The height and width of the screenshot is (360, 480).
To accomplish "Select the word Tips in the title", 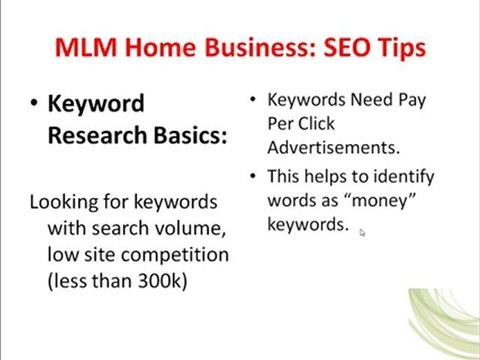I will (395, 47).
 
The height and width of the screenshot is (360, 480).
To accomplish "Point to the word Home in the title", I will (156, 47).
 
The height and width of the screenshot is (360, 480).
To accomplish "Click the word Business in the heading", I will (241, 47).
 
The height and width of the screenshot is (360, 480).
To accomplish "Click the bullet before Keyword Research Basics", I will (34, 104).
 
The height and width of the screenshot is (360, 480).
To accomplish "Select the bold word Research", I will (96, 135).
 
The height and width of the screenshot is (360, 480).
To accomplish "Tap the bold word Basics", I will (188, 135).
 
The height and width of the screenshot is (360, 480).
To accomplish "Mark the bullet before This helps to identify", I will (253, 177).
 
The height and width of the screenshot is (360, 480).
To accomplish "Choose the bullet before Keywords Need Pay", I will (253, 100).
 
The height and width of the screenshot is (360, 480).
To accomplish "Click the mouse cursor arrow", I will (362, 232).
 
